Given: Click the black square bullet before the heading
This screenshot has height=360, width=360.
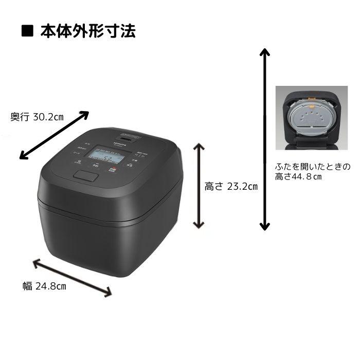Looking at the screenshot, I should click(27, 32).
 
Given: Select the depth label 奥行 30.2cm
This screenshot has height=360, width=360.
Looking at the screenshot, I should click(37, 117).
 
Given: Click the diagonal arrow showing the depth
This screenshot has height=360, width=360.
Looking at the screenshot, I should click(54, 135).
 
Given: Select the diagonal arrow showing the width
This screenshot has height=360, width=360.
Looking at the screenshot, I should click(72, 278).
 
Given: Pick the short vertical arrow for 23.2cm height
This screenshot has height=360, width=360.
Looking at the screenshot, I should click(199, 186).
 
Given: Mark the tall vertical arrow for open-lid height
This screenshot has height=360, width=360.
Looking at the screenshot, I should click(264, 139).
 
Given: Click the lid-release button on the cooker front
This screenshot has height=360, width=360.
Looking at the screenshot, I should click(85, 175).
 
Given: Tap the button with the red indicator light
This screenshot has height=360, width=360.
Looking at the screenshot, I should click(113, 168).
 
